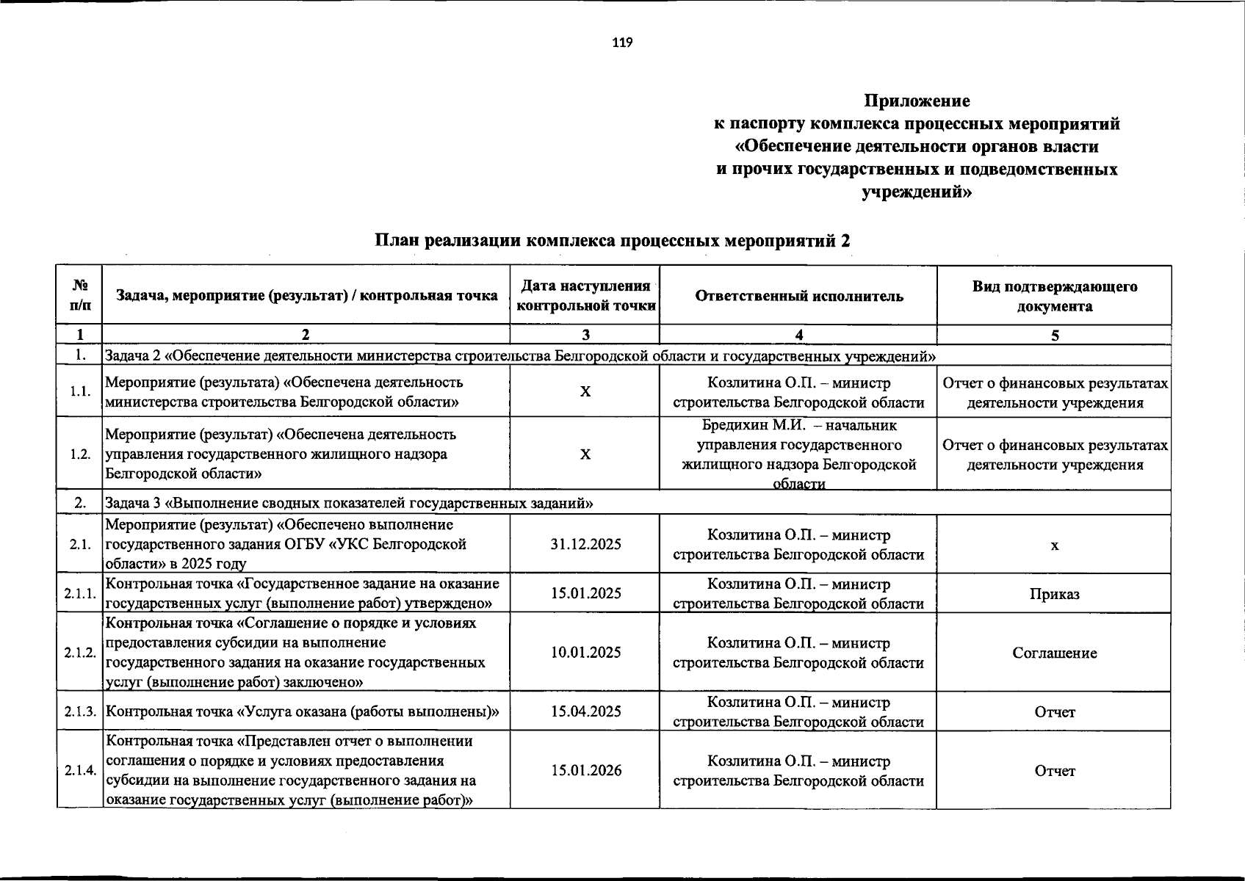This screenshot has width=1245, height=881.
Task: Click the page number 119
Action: pos(621,43)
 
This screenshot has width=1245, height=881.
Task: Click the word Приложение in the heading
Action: pos(917,101)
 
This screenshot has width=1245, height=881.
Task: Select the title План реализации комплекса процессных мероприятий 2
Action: pos(613,241)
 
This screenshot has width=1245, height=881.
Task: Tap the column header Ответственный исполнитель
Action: pos(798,296)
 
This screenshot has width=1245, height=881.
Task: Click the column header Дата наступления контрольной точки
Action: pos(585,296)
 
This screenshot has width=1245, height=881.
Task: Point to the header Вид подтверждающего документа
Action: pos(1054,296)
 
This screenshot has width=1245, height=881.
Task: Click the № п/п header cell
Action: pos(80,294)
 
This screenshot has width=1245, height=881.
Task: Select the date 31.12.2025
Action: pos(585,544)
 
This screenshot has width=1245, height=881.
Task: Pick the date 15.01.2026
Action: pos(585,770)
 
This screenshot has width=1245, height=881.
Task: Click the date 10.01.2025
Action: pos(585,652)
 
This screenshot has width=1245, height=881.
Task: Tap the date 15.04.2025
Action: pos(585,711)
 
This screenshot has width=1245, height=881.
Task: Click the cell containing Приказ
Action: pos(1054,594)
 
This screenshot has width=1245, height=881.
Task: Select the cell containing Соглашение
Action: pos(1054,653)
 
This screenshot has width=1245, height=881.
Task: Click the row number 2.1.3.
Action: pos(80,711)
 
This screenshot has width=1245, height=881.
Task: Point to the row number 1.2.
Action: pos(80,454)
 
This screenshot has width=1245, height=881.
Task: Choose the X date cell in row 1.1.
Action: pos(585,392)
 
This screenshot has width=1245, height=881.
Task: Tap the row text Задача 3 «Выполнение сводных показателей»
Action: pos(350,504)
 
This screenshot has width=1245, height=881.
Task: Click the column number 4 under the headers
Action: pos(798,336)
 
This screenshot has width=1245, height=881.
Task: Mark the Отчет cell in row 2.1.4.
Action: pos(1054,771)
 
